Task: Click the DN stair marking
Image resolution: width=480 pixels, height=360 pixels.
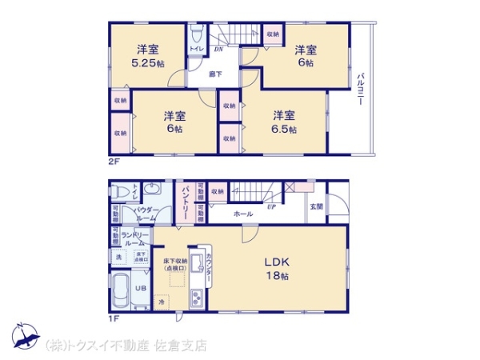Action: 218,50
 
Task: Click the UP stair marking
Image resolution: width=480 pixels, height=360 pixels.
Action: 271,206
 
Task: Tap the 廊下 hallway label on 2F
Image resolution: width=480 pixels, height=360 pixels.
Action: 216,74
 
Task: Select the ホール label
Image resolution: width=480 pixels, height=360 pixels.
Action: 243,214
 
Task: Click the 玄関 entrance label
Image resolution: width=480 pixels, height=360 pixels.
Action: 317,206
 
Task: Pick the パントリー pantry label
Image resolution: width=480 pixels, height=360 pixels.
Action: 185,200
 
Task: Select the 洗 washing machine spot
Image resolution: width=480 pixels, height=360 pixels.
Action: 118,256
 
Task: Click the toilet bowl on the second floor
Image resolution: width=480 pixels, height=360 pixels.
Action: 196,35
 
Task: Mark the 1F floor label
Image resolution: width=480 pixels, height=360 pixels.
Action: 114,318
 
